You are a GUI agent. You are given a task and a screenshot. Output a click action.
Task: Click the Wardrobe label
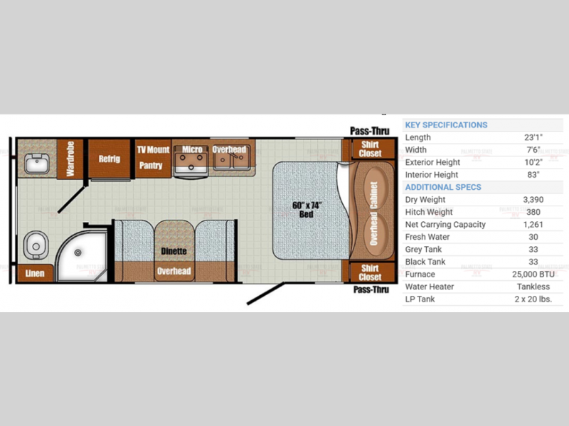click(x=70, y=159)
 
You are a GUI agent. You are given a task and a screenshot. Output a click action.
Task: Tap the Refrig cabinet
click(x=110, y=159)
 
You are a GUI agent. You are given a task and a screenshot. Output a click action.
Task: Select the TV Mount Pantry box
click(x=153, y=158)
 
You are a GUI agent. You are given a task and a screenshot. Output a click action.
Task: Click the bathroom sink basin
click(x=37, y=164)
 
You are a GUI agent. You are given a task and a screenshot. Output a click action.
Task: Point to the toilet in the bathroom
click(x=36, y=245)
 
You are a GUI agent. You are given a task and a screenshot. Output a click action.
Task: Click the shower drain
click(x=78, y=252)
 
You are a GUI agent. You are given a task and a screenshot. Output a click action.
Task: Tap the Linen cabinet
click(x=35, y=273)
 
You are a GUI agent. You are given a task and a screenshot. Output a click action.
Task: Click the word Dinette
click(x=174, y=251)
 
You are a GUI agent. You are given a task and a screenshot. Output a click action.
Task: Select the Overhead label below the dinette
click(x=174, y=271)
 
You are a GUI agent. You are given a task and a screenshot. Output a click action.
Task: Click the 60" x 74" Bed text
click(x=307, y=210)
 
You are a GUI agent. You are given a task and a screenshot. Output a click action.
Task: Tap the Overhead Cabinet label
click(x=373, y=213)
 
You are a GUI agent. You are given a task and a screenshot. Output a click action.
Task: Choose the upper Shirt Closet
click(x=370, y=149)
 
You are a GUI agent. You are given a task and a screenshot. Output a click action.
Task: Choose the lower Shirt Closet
click(x=370, y=272)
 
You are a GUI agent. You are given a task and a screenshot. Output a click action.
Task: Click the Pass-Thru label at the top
click(x=370, y=131)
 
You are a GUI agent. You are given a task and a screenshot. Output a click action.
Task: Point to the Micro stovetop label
click(x=192, y=149)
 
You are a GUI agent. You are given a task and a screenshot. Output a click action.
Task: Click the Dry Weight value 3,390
click(x=533, y=200)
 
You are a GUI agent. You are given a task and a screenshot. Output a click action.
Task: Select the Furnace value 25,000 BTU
click(x=533, y=275)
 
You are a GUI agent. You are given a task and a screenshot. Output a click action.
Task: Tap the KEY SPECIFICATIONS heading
click(x=446, y=125)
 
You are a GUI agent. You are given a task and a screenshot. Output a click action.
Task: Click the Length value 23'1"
click(x=533, y=137)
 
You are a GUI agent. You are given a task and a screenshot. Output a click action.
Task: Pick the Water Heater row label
click(x=430, y=287)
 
